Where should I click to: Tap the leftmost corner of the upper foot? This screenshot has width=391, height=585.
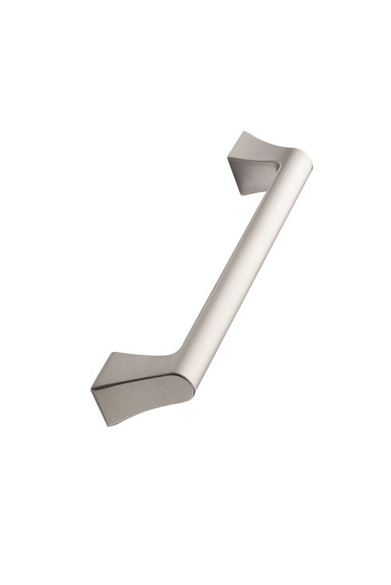tap(227, 154)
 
